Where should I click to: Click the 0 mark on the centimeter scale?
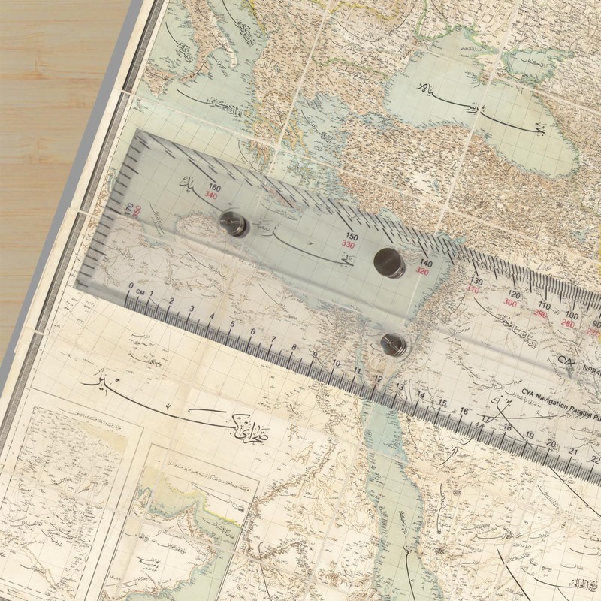(131, 286)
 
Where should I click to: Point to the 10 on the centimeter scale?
(336, 363)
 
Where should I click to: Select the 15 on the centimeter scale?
(442, 403)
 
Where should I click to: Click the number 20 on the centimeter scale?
(551, 444)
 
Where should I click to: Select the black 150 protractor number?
(350, 236)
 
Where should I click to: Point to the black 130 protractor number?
(476, 282)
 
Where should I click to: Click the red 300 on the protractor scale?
(510, 303)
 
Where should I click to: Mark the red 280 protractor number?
(569, 324)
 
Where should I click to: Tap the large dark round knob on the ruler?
(388, 261)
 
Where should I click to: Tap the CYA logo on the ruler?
(565, 367)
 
